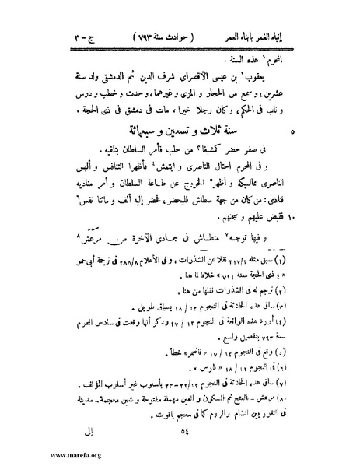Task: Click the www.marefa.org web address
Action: coord(34,457)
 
